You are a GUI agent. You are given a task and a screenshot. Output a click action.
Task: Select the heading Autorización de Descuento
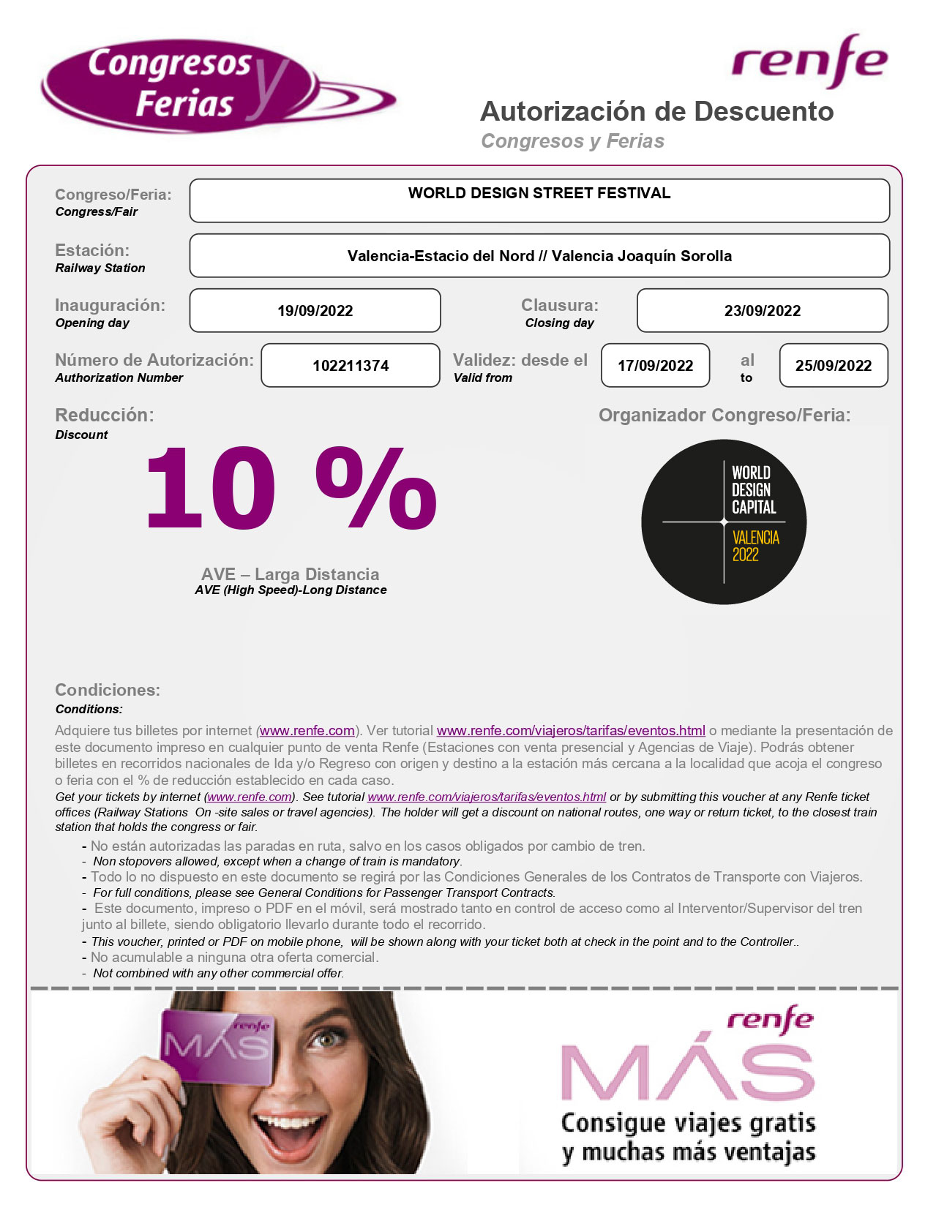656,112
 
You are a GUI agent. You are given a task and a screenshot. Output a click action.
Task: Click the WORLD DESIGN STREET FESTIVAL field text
539,193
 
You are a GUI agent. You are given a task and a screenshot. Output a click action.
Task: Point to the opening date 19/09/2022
315,311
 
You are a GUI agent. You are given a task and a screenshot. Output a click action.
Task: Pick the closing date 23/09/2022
762,311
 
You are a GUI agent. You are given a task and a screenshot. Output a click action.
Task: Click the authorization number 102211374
351,366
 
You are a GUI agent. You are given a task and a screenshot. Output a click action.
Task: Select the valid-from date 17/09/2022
655,366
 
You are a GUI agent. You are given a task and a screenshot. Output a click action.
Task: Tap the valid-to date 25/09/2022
833,366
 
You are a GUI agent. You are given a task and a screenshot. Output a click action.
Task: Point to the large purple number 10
211,488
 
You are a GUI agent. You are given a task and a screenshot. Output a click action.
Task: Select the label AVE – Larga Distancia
290,574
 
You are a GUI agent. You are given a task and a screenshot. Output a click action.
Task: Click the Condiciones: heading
108,690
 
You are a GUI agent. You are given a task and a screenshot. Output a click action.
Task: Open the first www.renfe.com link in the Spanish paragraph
307,731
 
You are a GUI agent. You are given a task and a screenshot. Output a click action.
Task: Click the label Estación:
92,250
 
